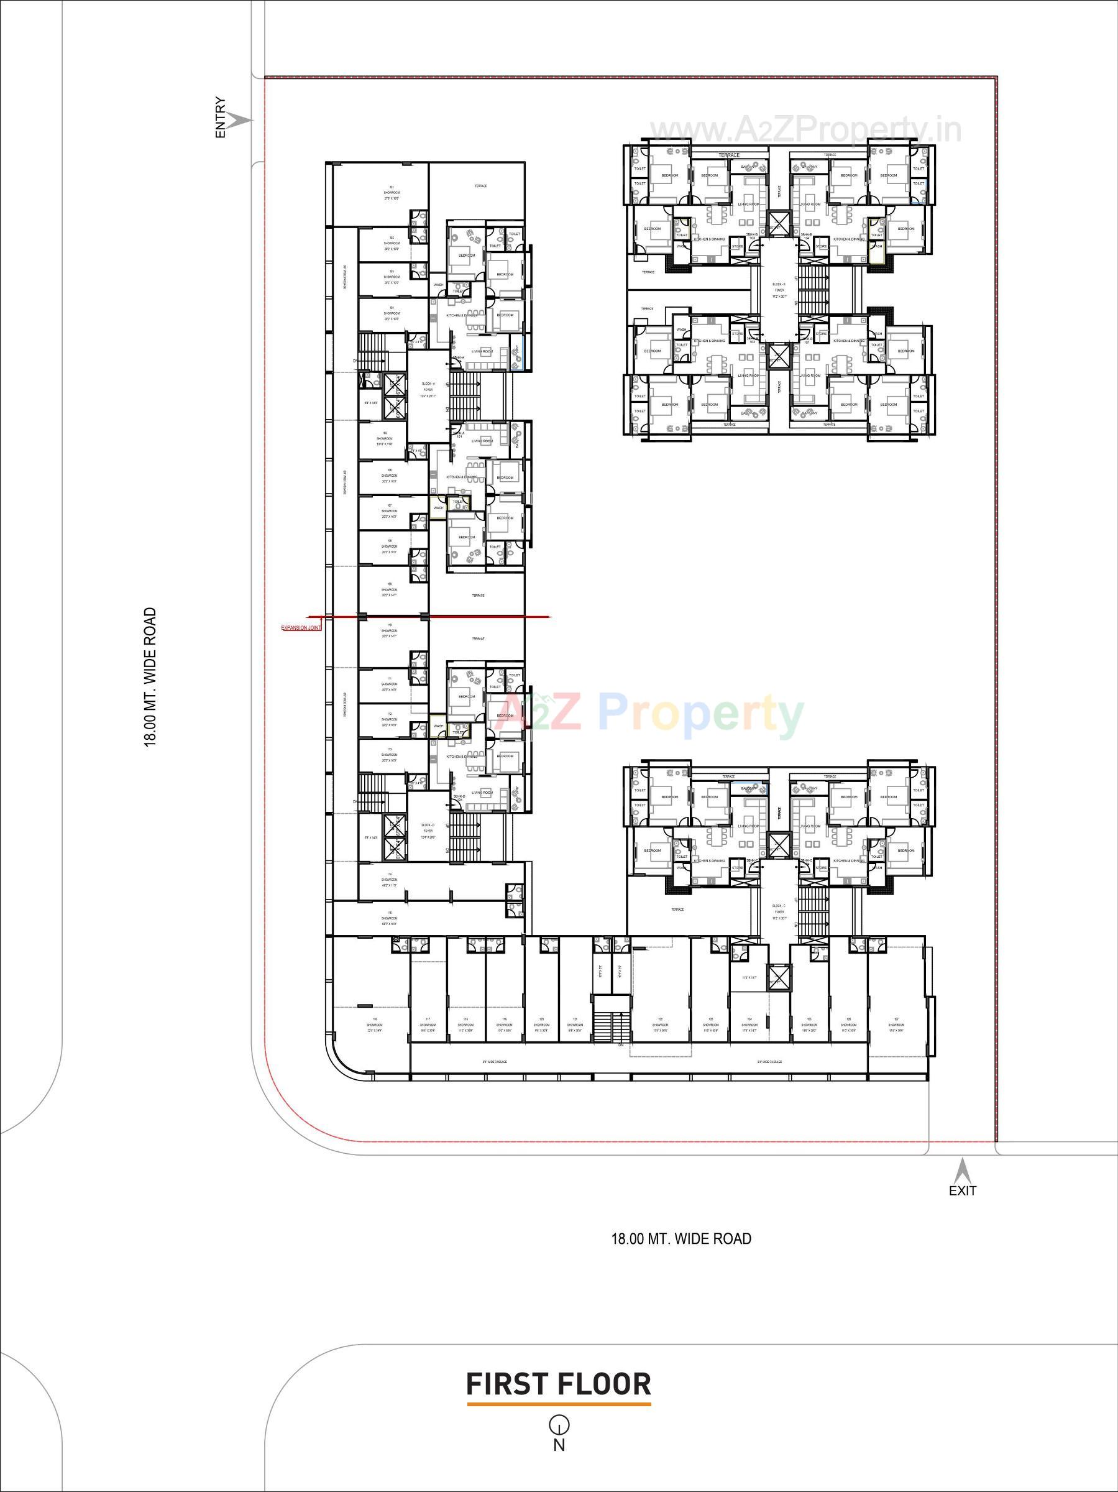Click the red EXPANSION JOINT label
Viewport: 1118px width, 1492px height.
click(x=301, y=628)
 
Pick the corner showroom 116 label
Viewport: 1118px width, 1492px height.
click(x=375, y=1025)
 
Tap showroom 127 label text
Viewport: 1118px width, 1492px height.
click(x=897, y=1023)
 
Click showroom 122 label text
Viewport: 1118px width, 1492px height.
click(x=660, y=1025)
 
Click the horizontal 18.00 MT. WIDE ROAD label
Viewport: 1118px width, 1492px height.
click(x=680, y=1239)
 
